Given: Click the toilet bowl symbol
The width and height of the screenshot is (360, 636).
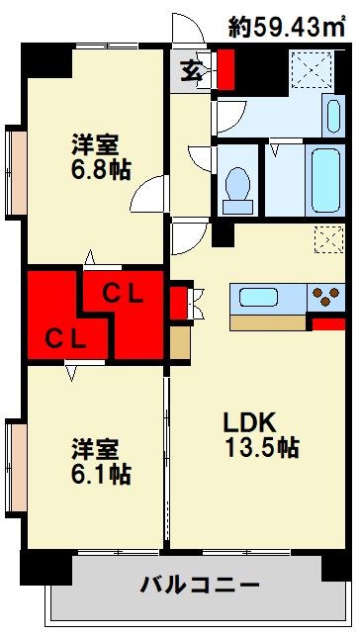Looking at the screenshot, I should (x=237, y=185).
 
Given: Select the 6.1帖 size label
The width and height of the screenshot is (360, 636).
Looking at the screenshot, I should (x=99, y=474).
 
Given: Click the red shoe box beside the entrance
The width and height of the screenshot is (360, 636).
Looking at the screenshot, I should (x=226, y=68).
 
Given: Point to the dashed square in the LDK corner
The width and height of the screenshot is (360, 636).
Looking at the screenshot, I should (x=326, y=239).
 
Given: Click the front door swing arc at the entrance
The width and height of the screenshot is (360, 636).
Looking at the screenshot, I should (x=184, y=33).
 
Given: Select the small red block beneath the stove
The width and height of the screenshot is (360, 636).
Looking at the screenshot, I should (x=327, y=323).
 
